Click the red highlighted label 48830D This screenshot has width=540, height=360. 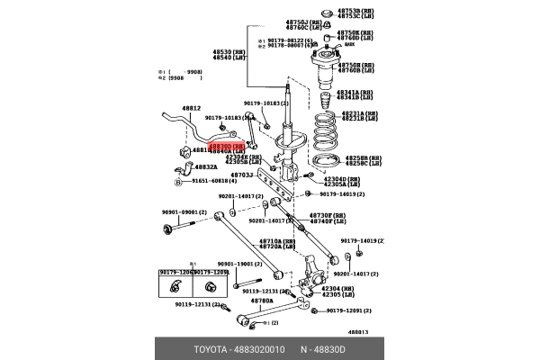(x=226, y=145)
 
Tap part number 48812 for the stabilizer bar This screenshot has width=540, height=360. (x=191, y=108)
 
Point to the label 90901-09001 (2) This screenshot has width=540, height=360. (x=184, y=212)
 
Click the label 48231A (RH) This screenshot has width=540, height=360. (x=359, y=113)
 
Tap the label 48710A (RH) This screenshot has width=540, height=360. (x=277, y=240)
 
